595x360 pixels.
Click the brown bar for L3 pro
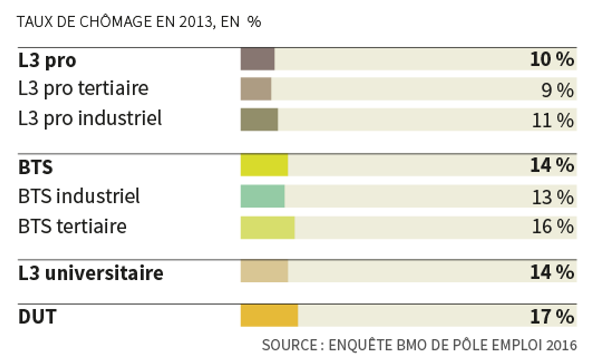[x=257, y=59]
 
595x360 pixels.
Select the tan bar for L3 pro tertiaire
[x=256, y=89]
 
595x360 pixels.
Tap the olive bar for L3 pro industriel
[x=259, y=119]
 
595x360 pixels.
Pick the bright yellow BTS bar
[x=264, y=165]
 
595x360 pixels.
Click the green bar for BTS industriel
[x=263, y=196]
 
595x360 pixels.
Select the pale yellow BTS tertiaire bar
[x=267, y=228]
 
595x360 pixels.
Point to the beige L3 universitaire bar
[x=264, y=271]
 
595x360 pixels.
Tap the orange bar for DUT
[x=269, y=315]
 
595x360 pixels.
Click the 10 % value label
[x=552, y=59]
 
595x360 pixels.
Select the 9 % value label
[x=557, y=90]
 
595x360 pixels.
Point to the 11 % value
[x=553, y=120]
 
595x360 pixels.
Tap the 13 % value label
[x=553, y=197]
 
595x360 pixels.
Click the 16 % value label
[x=553, y=226]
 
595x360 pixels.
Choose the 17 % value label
[x=552, y=316]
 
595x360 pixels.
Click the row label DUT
[x=38, y=317]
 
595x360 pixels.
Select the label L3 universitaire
[x=91, y=273]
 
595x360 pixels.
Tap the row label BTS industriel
[x=79, y=196]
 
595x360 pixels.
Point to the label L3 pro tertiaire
[x=83, y=88]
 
